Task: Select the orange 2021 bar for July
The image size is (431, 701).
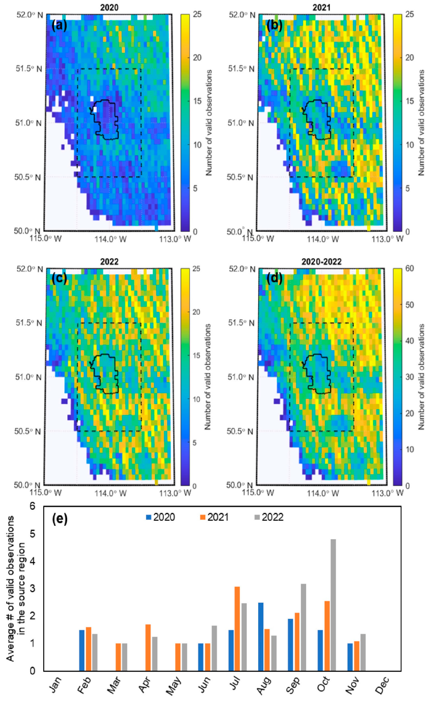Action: [237, 629]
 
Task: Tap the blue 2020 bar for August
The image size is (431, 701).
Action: [261, 637]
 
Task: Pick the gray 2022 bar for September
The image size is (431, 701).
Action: [303, 627]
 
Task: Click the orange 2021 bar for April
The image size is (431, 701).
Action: [148, 647]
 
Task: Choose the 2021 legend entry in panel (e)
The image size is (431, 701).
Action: [214, 517]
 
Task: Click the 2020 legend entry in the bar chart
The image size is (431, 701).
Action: [160, 517]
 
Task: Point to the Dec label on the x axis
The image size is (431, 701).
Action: [382, 685]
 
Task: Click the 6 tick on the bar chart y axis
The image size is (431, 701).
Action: [32, 506]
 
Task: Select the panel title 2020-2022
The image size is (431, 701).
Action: [321, 262]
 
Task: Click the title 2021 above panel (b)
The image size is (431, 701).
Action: [321, 7]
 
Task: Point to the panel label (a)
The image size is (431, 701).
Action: [59, 25]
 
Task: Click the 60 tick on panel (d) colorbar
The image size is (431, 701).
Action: [409, 268]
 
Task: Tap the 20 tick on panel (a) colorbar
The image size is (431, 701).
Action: [197, 58]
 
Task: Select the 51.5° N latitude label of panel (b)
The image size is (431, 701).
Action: [241, 69]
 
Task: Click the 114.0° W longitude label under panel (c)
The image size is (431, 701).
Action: [110, 493]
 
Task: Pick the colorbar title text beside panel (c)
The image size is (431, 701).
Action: [208, 376]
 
